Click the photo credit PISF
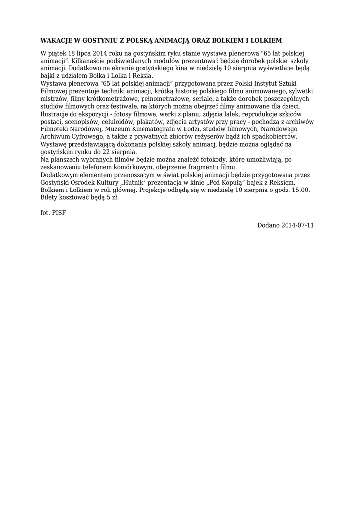59,213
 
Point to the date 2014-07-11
297,225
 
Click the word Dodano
268,225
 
